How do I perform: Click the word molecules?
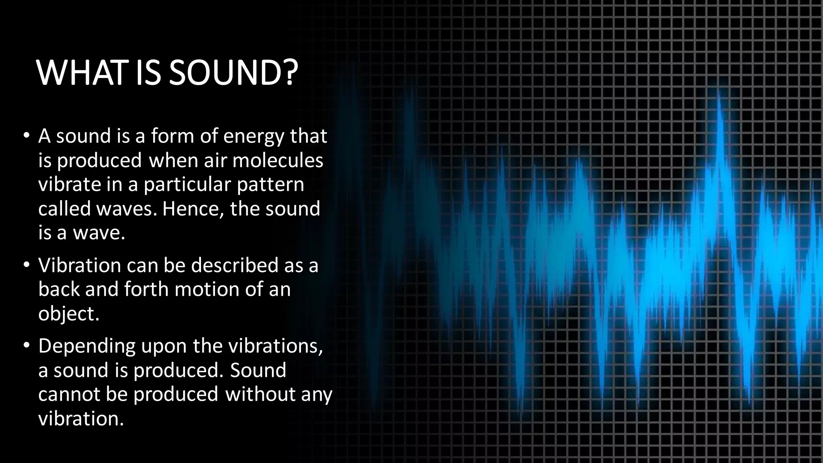pos(278,160)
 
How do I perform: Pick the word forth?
pos(147,289)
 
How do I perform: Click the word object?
pos(67,314)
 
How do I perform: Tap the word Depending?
pos(87,346)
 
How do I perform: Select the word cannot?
pos(69,394)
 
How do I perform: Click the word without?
pos(260,394)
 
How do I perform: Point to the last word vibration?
pos(80,418)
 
